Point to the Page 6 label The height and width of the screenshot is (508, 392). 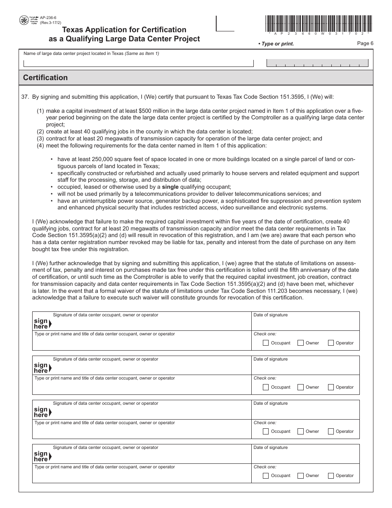[365, 43]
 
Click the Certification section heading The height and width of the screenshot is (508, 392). [45, 78]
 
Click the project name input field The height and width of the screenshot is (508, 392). [138, 63]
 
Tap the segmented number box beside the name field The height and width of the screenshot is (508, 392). [318, 63]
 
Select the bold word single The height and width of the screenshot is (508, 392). [170, 187]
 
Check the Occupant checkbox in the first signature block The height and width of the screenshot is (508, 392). [266, 343]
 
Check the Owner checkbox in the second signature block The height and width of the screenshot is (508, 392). [300, 387]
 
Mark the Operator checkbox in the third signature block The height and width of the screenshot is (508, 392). [331, 431]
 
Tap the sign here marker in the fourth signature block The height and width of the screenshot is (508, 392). [42, 456]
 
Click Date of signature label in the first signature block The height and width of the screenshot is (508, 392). [270, 315]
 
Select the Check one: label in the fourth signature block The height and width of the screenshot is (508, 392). [265, 467]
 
